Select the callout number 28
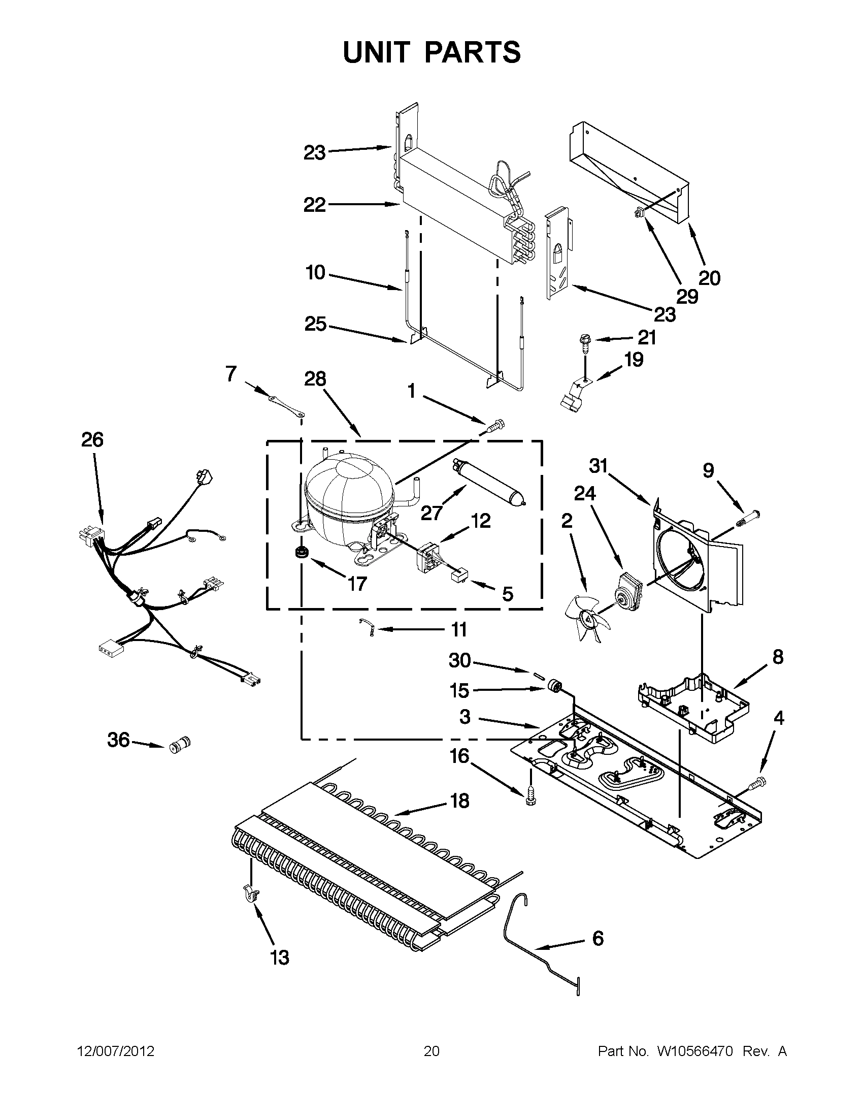point(315,379)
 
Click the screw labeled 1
point(495,424)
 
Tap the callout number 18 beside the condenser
point(460,801)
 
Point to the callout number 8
point(778,657)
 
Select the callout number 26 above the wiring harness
point(92,440)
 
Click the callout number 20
point(709,278)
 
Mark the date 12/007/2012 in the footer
point(116,1051)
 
